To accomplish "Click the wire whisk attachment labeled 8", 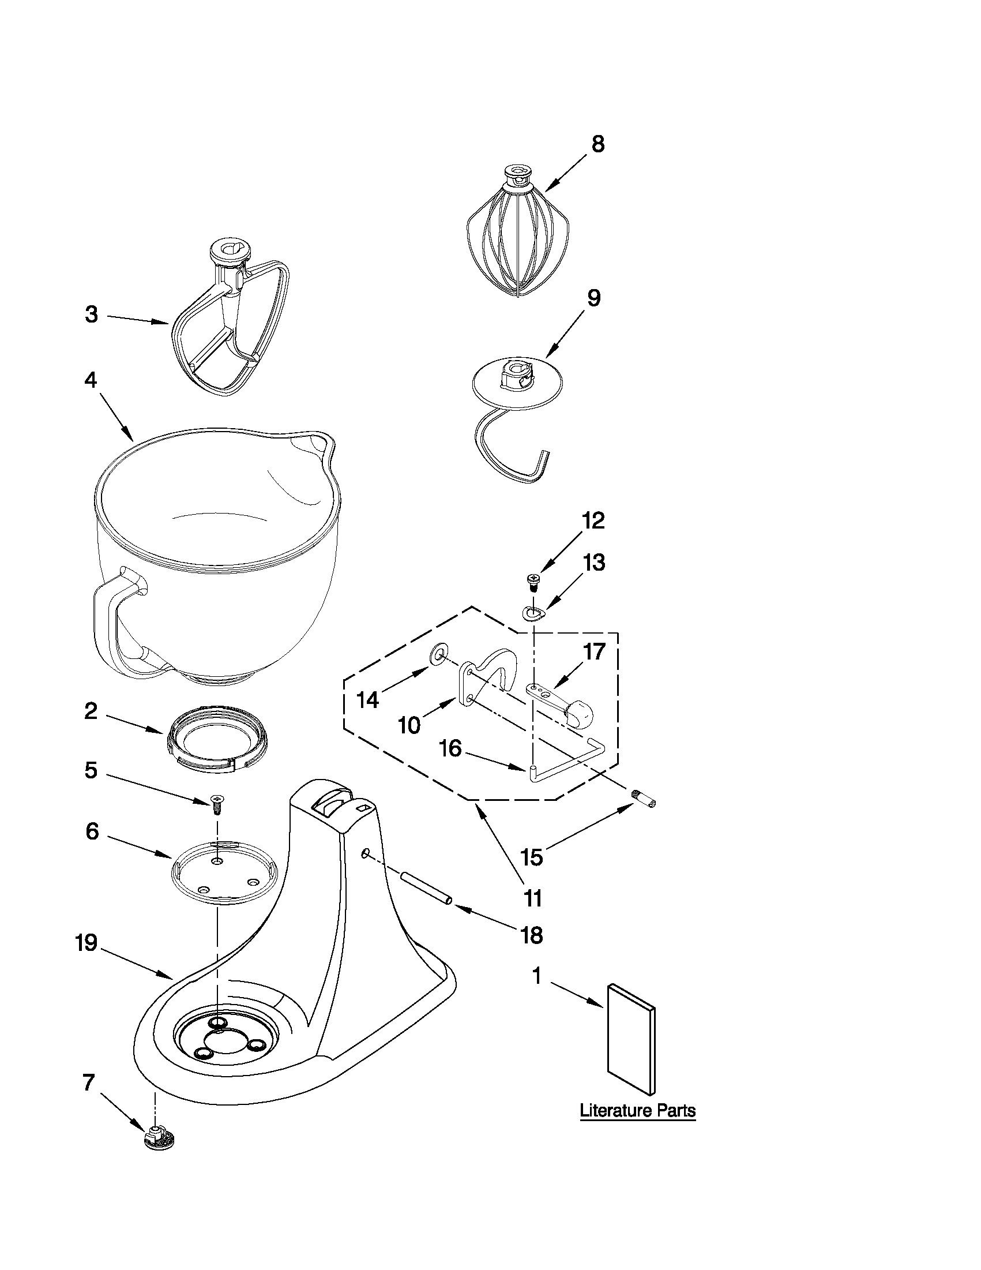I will pos(517,238).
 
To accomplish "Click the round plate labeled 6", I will pos(224,872).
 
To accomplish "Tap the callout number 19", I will pos(86,943).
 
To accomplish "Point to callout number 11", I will pos(532,898).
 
